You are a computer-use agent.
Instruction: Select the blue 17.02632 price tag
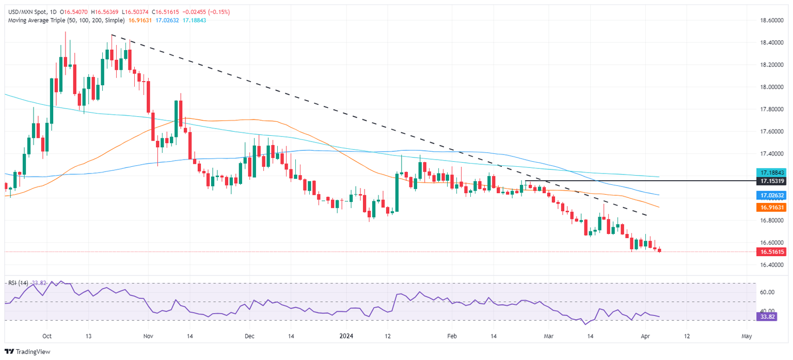tap(773, 196)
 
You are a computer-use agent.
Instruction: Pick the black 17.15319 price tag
tap(773, 181)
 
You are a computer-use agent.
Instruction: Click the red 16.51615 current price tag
tap(773, 252)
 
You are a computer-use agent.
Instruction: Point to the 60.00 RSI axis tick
tap(769, 292)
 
